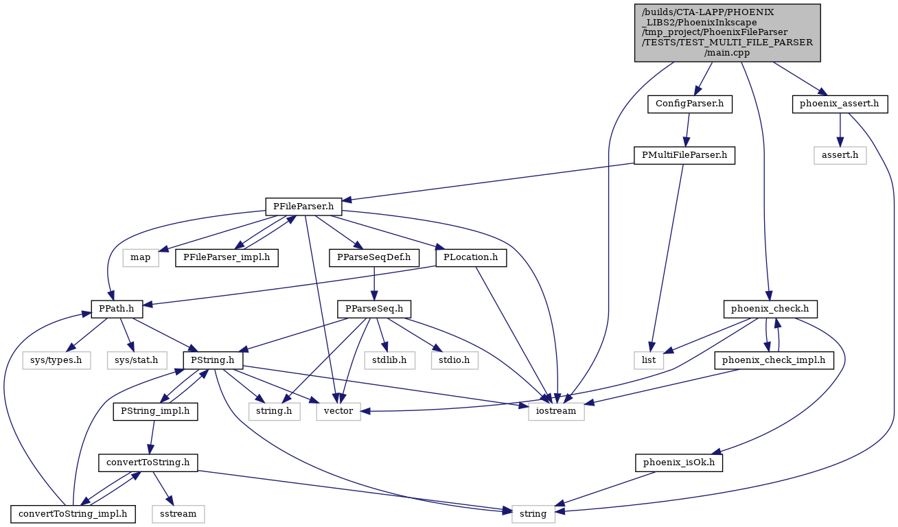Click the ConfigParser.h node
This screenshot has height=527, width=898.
click(689, 104)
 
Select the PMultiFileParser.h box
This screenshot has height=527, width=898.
click(684, 156)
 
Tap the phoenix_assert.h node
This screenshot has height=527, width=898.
click(840, 104)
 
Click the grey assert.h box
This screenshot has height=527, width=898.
click(840, 156)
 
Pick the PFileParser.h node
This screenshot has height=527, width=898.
click(303, 207)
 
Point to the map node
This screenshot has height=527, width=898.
click(140, 258)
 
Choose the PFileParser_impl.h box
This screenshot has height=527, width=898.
click(227, 258)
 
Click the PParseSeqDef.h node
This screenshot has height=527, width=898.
click(374, 258)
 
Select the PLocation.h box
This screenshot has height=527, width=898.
click(471, 258)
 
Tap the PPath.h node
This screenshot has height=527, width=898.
click(117, 309)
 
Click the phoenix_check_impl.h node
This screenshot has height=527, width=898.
click(774, 360)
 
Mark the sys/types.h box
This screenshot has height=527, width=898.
click(56, 360)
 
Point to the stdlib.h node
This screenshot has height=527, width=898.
click(390, 360)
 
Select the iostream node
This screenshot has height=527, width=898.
click(556, 411)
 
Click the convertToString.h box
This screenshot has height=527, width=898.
click(148, 462)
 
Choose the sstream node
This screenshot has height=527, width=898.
click(178, 514)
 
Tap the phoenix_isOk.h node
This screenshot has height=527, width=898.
click(679, 462)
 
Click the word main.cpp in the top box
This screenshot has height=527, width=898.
click(727, 53)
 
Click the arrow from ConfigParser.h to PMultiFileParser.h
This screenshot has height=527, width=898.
click(687, 130)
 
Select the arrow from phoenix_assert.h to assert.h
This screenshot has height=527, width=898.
click(840, 130)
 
